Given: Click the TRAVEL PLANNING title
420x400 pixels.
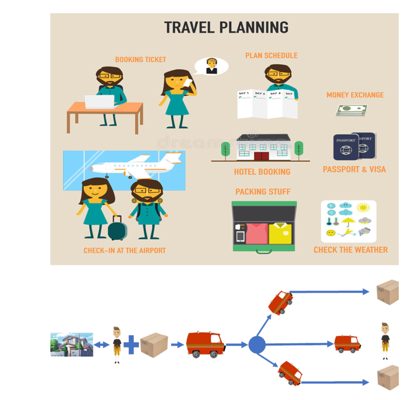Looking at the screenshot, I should click(x=226, y=28).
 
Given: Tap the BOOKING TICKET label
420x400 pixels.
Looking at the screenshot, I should click(x=140, y=60).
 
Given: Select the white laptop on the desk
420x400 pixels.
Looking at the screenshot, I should click(x=100, y=101).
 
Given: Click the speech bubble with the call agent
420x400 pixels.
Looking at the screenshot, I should click(x=212, y=66).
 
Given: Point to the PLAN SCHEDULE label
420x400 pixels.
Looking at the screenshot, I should click(x=271, y=55).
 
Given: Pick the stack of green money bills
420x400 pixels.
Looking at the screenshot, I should click(x=351, y=110).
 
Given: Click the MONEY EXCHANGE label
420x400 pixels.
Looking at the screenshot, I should click(x=355, y=95).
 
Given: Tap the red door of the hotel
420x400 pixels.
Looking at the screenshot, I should click(x=262, y=156).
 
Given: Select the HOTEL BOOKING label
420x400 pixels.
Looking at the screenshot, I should click(x=262, y=172).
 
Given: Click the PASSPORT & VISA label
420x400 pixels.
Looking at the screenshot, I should click(x=354, y=169).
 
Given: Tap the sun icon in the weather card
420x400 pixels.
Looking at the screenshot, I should click(x=363, y=208).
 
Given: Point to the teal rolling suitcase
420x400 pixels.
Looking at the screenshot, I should click(x=117, y=228).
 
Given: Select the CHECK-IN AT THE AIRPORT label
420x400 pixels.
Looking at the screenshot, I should click(x=125, y=251).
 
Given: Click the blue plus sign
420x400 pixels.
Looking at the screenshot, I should click(x=131, y=345).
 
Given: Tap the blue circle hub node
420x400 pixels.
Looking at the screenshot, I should click(x=257, y=345).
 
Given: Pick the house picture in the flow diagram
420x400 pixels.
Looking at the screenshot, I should click(x=72, y=345).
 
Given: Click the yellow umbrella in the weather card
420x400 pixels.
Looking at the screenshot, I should click(x=348, y=221).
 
